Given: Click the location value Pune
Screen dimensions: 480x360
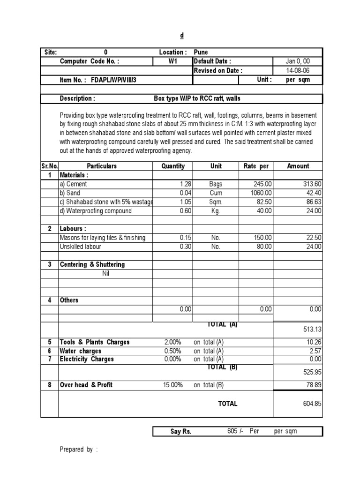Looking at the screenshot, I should click(201, 52).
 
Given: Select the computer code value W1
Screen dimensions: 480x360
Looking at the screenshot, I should click(173, 61).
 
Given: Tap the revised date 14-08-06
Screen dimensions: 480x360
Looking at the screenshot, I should click(298, 71).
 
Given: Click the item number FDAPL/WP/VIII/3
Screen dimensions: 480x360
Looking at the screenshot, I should click(111, 80).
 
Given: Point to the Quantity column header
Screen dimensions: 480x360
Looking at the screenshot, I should click(173, 166).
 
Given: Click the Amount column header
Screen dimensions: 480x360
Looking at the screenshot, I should click(298, 166).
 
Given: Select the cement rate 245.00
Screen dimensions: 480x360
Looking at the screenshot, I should click(262, 184).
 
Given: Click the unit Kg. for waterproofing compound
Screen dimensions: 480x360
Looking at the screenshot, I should click(216, 211).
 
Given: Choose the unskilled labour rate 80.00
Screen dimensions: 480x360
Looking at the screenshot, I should click(263, 247).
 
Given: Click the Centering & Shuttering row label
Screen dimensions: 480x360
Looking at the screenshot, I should click(92, 264).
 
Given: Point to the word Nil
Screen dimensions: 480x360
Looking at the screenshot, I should click(105, 273).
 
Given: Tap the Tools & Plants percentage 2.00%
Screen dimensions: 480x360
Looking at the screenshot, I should click(172, 342).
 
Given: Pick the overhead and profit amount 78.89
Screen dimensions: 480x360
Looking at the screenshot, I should click(313, 385).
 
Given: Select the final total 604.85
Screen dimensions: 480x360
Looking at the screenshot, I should click(312, 404).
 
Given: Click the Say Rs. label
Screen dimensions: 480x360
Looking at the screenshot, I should click(181, 431).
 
